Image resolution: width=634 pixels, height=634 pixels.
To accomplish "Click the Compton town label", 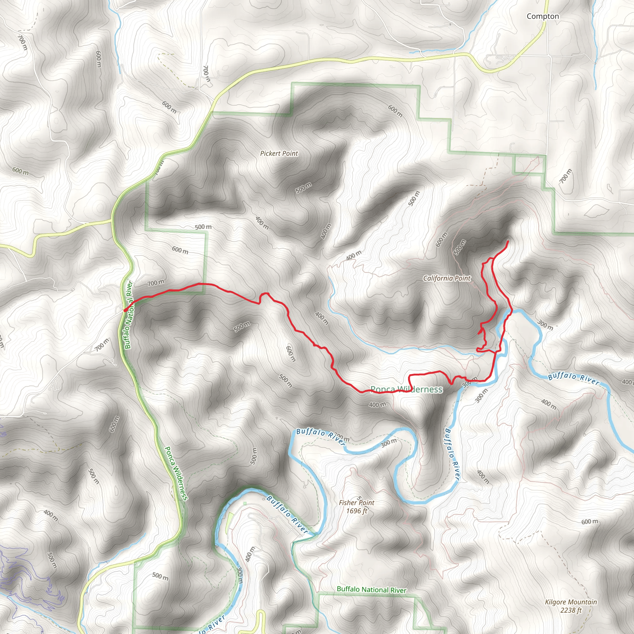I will (x=543, y=16).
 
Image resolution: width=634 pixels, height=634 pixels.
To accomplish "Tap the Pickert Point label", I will (x=279, y=154).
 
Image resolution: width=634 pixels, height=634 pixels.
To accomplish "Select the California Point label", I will (x=447, y=279).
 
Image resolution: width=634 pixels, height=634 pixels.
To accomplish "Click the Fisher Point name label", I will (x=356, y=503).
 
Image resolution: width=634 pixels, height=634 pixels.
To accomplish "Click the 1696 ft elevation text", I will (x=356, y=511).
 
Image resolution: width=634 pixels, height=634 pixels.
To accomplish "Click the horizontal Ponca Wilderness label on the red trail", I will (x=406, y=389).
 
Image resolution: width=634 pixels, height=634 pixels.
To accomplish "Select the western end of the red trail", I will (x=125, y=310).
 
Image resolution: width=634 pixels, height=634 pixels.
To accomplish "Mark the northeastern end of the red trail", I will (x=508, y=241).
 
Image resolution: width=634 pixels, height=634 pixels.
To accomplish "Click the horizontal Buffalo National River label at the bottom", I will (x=371, y=590).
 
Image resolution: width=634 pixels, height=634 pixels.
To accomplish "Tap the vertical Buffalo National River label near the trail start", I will (x=128, y=315).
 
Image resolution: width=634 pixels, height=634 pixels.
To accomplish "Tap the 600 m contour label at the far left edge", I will (x=20, y=171).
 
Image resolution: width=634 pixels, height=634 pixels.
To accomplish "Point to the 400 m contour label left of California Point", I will (x=354, y=255).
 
